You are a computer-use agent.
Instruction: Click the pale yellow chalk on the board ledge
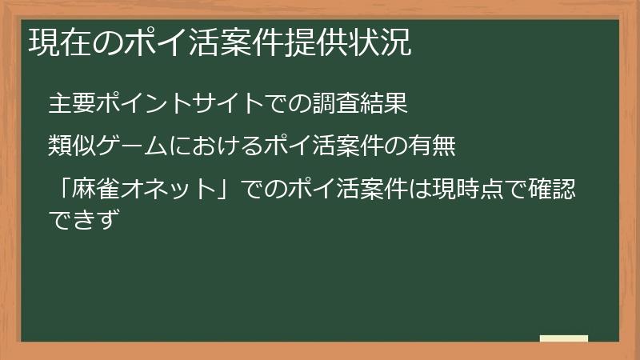[x=563, y=338]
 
